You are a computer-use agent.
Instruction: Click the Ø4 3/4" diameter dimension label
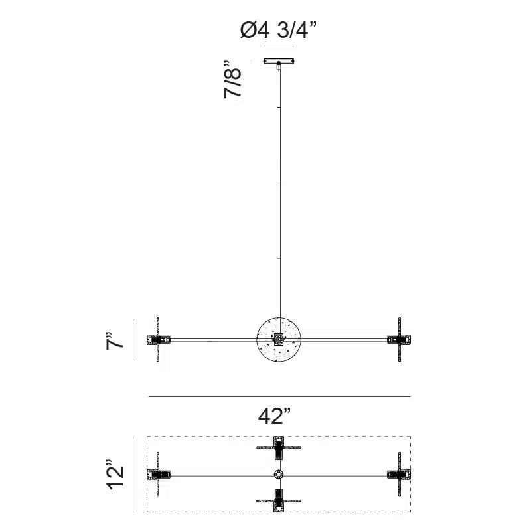[x=278, y=30]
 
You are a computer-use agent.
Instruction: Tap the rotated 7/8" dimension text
[x=232, y=80]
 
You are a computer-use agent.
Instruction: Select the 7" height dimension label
[x=115, y=341]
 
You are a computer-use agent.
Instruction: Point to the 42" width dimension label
[x=275, y=416]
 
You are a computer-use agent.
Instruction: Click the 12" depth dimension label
[x=115, y=475]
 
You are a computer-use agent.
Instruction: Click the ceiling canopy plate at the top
[x=279, y=61]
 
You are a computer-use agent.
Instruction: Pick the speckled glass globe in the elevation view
[x=279, y=340]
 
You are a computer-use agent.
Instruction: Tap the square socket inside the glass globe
[x=279, y=339]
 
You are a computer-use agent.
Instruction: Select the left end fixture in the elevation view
[x=158, y=339]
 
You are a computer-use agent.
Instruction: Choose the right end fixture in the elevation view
[x=400, y=339]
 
